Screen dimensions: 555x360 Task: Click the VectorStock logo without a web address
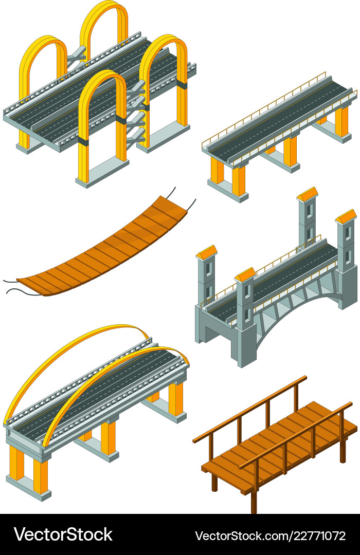click(63, 534)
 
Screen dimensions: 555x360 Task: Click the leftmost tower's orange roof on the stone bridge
click(206, 252)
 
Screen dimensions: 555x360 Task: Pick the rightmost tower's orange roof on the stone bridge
click(346, 216)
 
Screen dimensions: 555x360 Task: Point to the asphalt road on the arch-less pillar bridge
click(278, 118)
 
